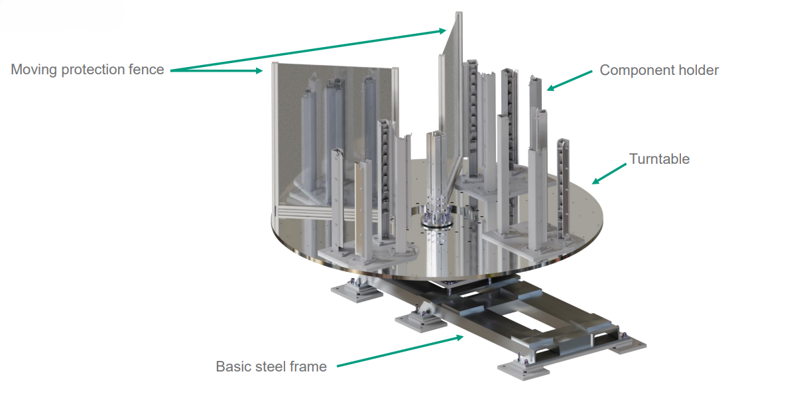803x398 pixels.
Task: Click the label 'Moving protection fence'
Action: click(87, 70)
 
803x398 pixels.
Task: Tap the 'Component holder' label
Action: click(659, 70)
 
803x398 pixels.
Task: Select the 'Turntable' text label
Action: click(659, 159)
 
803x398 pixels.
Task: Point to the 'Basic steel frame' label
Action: click(271, 366)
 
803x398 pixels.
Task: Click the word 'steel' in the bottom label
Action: click(272, 366)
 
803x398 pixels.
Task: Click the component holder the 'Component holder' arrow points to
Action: click(536, 99)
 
